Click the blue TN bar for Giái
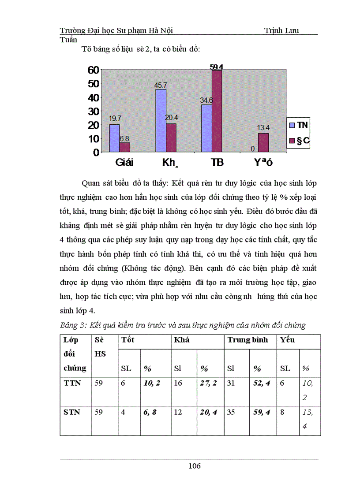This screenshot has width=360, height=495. pyautogui.click(x=114, y=138)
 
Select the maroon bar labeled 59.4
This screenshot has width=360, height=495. pyautogui.click(x=217, y=111)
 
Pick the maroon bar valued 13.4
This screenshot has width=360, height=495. pyautogui.click(x=263, y=142)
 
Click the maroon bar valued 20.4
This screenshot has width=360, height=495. pyautogui.click(x=171, y=138)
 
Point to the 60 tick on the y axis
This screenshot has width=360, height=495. pyautogui.click(x=93, y=70)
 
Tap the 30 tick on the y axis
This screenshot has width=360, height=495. pyautogui.click(x=93, y=111)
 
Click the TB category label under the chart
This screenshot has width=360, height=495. pyautogui.click(x=217, y=162)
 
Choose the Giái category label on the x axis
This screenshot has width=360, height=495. pyautogui.click(x=125, y=162)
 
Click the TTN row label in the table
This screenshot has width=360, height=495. pyautogui.click(x=72, y=383)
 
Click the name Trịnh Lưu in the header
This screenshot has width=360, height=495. pyautogui.click(x=281, y=30)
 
